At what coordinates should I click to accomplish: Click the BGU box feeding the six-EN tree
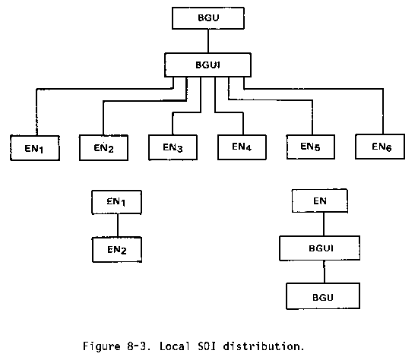tap(208, 18)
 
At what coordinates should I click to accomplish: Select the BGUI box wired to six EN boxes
tap(208, 65)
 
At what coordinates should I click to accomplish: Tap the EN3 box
tap(173, 147)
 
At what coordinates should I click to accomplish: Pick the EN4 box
tap(242, 147)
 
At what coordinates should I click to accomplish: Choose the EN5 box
tap(311, 147)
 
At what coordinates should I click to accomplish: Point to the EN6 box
tap(380, 147)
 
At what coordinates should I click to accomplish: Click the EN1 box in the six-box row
tap(35, 148)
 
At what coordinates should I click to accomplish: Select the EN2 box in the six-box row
tap(103, 147)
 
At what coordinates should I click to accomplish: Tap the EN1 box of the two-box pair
tap(117, 202)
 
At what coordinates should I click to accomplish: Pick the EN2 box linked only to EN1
tap(117, 250)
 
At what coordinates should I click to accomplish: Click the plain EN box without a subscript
tap(320, 201)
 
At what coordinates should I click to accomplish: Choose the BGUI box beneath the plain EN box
tap(320, 248)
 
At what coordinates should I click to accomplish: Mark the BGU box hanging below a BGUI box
tap(323, 296)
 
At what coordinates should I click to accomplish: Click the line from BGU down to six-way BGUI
tap(208, 41)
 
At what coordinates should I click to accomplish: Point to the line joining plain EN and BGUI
tap(324, 224)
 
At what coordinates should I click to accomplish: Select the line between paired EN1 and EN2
tap(118, 226)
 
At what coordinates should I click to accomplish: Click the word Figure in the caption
tap(102, 346)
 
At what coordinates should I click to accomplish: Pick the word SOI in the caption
tap(207, 346)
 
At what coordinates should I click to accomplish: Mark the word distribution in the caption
tap(264, 346)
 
